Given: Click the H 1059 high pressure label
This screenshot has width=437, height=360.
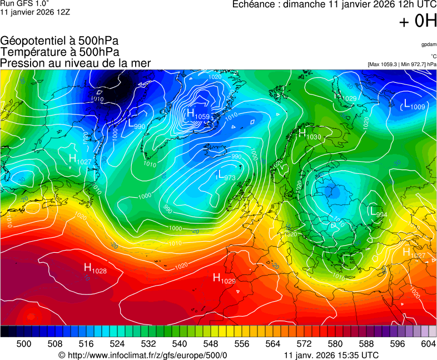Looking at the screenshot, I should click(198, 114).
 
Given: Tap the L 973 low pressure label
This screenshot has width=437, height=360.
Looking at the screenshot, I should click(226, 176).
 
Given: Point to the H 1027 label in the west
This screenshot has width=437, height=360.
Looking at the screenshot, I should click(80, 160).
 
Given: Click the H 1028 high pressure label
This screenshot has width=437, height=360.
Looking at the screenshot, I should click(95, 269).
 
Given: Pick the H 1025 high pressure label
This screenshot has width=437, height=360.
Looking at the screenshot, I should click(224, 278).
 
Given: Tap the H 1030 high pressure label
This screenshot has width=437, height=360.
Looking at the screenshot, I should click(310, 134).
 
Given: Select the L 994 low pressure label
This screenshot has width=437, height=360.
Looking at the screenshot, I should click(378, 213).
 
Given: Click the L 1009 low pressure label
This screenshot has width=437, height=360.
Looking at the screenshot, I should click(414, 104).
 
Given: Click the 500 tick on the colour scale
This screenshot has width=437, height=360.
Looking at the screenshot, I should click(24, 344).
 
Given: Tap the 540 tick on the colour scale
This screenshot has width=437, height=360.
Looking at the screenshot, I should click(180, 344).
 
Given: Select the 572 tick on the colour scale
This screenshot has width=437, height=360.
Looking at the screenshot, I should click(304, 344).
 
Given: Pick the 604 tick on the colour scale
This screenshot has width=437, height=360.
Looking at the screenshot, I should click(428, 344).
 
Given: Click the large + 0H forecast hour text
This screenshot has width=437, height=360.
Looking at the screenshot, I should click(418, 21).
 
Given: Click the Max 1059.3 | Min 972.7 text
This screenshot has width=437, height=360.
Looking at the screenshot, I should click(402, 64).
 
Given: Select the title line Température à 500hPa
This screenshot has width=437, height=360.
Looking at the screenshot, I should click(59, 52).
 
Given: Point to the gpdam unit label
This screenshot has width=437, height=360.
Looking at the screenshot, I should click(428, 44).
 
